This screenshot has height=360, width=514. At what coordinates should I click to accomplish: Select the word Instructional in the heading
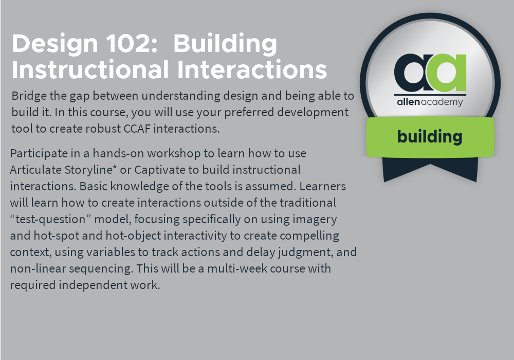[x=90, y=69]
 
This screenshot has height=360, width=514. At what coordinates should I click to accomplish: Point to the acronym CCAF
[x=137, y=129]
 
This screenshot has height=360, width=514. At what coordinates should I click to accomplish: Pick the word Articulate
[x=36, y=170]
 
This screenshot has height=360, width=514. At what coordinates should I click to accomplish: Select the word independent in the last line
[x=93, y=284]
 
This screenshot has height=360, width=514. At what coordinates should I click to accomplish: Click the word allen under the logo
[x=408, y=102]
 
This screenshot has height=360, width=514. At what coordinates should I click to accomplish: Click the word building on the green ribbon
[x=430, y=137]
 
